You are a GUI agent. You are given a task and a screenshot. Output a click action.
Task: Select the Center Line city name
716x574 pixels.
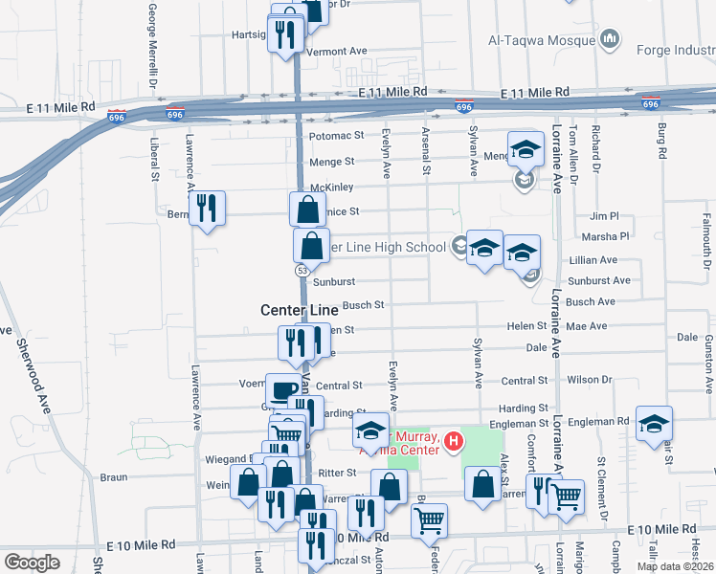coord(300,310)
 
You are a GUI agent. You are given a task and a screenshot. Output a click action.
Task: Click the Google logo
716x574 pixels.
coord(32,563)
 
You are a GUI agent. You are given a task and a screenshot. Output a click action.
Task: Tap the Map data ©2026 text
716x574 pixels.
coord(674,566)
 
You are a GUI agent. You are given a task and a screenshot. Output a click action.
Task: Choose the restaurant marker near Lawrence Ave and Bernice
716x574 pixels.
coord(207,208)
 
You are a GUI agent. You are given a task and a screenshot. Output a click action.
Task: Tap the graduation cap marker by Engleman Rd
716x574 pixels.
coord(654,423)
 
